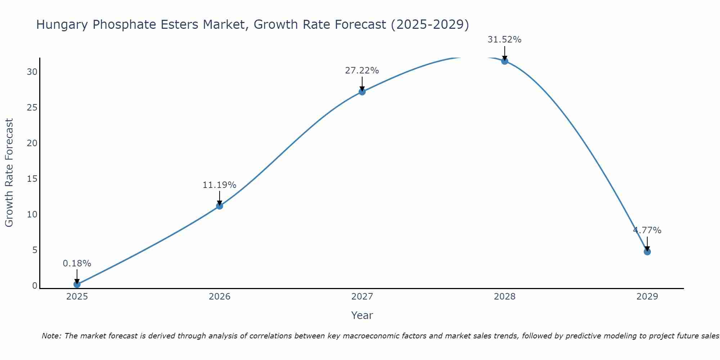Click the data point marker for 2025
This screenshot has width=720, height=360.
(x=77, y=284)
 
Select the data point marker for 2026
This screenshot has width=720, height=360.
(x=220, y=206)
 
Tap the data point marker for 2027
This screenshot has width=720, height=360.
(x=362, y=92)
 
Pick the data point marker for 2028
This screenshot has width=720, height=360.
(x=505, y=61)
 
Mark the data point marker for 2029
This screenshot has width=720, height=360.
(x=647, y=252)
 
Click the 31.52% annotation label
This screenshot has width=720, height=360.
(x=505, y=40)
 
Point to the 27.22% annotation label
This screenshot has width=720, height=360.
(x=362, y=71)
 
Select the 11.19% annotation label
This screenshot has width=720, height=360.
(x=220, y=185)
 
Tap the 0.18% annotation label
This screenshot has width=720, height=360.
(x=77, y=264)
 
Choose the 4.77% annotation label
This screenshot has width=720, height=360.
(x=647, y=230)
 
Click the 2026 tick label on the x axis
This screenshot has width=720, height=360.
(x=220, y=297)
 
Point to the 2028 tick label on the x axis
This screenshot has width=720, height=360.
(x=505, y=297)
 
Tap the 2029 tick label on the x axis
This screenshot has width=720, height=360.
(x=647, y=297)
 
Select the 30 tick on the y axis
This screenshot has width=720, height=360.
(x=32, y=72)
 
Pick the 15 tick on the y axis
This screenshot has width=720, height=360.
(x=32, y=179)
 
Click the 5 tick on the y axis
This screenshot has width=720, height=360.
(x=35, y=250)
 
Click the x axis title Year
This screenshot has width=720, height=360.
(x=362, y=315)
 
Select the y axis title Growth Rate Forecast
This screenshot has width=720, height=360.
(x=9, y=173)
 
